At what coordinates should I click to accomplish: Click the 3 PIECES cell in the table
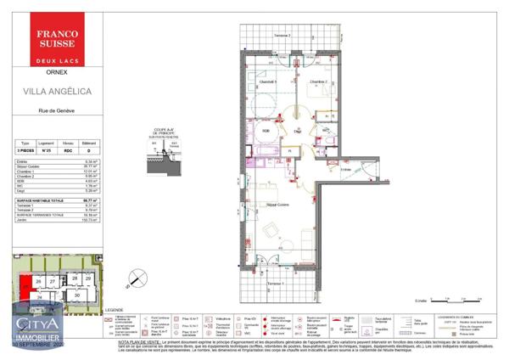[x=25, y=150]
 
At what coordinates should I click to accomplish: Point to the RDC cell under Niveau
[x=70, y=150]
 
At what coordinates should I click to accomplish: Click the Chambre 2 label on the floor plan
[x=317, y=82]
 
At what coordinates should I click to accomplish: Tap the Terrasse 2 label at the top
[x=281, y=36]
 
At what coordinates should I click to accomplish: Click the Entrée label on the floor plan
[x=345, y=169]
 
